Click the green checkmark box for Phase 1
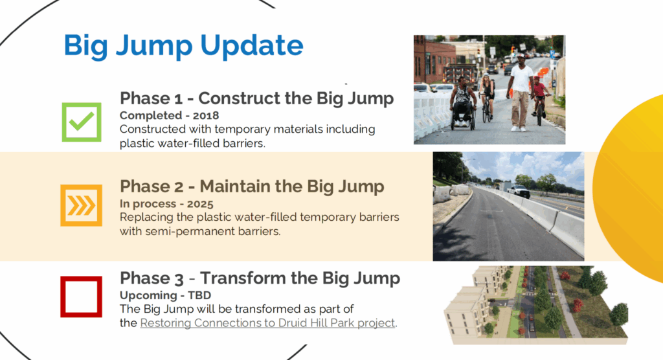point(82,122)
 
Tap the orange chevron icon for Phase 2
point(81,205)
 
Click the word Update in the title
point(252,46)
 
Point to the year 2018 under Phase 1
point(206,115)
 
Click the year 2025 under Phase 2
point(200,204)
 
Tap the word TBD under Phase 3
point(199,295)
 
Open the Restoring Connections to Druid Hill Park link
point(267,323)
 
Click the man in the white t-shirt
point(521,91)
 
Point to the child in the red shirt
point(539,95)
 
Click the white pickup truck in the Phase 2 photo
point(519,190)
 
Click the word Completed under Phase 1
point(151,115)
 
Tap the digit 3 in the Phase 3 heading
point(179,279)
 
